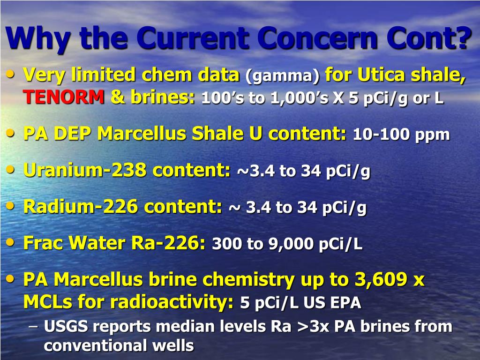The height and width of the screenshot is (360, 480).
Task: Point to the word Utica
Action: [x=383, y=74]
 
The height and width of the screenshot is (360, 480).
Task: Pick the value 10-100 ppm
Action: [x=401, y=135]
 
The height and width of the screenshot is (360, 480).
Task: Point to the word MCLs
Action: [x=48, y=302]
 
